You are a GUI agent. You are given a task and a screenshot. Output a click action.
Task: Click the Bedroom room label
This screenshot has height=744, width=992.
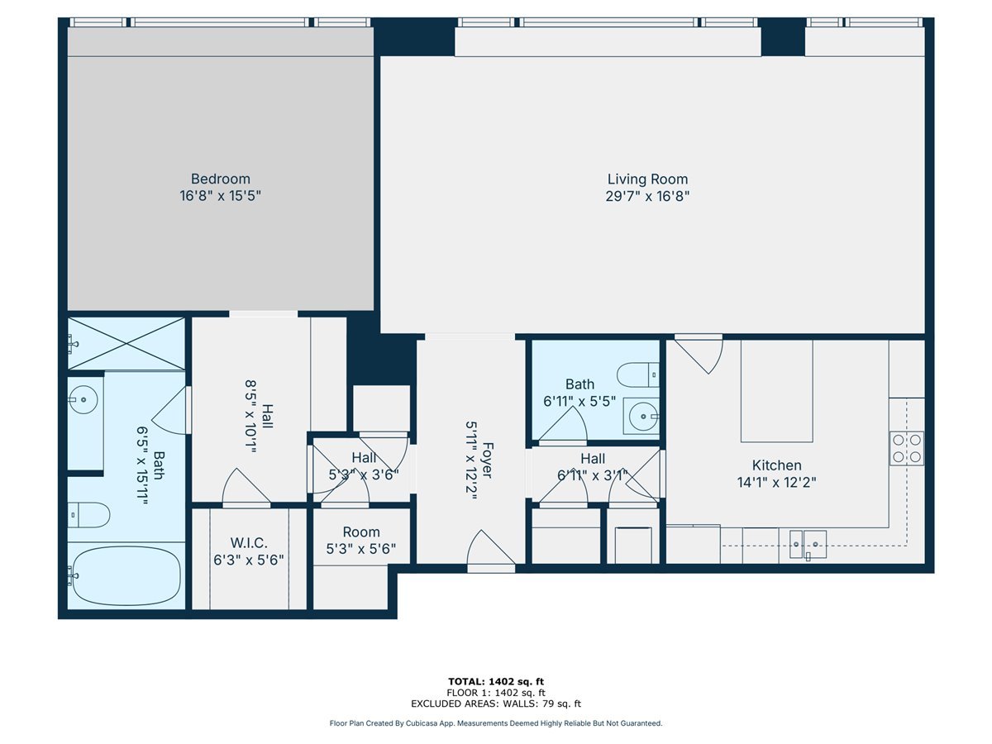220,179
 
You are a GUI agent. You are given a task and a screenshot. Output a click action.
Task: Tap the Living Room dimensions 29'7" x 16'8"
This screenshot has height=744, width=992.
647,197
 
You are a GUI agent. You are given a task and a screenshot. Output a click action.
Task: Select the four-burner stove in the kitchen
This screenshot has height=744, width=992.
906,447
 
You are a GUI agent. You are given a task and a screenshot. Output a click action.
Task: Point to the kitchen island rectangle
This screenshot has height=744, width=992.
776,391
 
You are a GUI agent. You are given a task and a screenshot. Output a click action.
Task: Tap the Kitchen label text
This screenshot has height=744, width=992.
776,465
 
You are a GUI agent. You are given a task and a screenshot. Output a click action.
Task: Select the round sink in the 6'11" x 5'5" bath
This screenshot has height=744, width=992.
641,417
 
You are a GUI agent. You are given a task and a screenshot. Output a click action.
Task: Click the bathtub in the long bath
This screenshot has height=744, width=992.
126,575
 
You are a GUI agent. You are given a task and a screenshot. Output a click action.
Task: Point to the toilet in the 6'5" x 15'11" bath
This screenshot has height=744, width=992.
88,515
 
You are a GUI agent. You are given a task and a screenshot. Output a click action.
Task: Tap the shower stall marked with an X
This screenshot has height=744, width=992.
126,343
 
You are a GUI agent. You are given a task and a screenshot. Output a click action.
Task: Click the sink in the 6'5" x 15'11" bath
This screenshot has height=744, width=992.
83,401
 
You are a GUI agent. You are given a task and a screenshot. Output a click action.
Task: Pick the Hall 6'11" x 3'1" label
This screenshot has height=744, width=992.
593,466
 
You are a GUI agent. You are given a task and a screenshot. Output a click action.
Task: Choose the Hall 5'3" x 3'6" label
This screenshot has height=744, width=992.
364,466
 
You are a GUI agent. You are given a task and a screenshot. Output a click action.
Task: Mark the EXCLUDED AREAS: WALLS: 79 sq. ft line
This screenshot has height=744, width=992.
495,704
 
